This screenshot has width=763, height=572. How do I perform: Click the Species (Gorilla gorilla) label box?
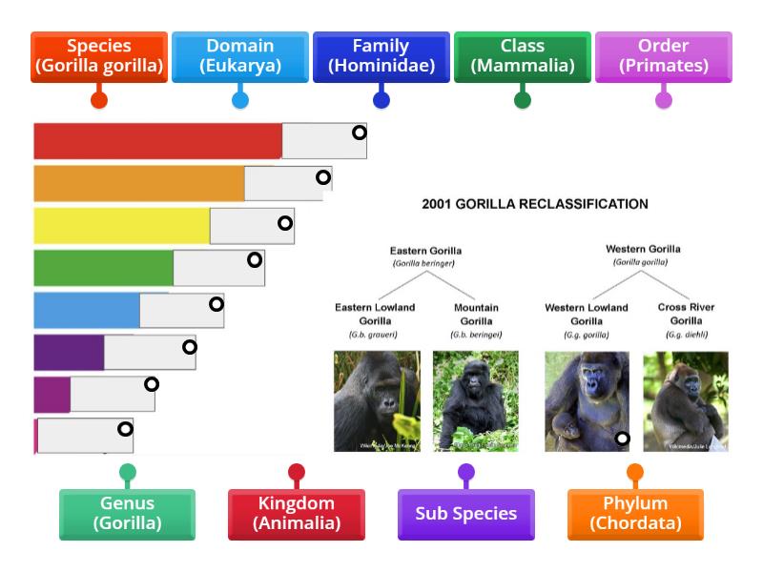tap(98, 56)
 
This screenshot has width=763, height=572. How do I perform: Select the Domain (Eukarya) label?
tap(239, 56)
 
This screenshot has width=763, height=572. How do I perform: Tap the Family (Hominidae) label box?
tap(381, 56)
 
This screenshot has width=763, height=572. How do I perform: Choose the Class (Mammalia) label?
tap(522, 56)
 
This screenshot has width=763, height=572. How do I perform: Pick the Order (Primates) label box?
tap(663, 56)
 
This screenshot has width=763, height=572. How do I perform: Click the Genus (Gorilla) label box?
tap(127, 513)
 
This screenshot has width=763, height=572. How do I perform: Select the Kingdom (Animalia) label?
tap(296, 513)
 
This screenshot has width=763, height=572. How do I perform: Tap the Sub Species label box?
tap(465, 513)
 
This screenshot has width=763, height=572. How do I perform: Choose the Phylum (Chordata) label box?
tap(635, 513)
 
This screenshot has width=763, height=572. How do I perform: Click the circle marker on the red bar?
tap(360, 133)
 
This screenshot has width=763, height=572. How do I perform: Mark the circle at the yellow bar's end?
tap(285, 223)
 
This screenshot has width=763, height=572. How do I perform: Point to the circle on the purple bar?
tap(190, 347)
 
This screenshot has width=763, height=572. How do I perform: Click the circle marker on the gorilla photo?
tap(622, 439)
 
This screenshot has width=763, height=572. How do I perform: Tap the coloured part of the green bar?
tap(103, 268)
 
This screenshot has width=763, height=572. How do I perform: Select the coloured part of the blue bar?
tap(86, 310)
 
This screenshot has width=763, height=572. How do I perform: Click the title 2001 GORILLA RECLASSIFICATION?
tap(534, 204)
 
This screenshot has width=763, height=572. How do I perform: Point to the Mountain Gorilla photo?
tap(476, 400)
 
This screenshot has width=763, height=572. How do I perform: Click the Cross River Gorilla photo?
tap(685, 400)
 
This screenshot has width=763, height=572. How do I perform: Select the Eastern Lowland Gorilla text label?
tap(375, 314)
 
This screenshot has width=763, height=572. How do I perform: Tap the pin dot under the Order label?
tap(663, 99)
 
